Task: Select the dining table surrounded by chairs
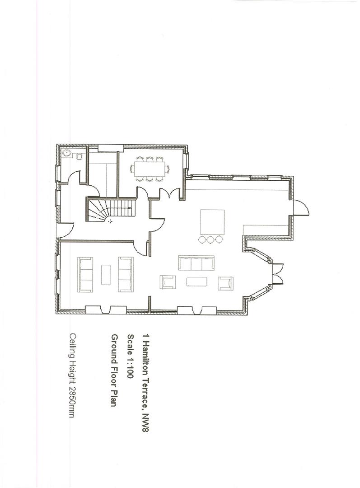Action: point(149,169)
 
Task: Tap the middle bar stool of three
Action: point(210,239)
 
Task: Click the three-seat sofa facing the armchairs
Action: point(196,263)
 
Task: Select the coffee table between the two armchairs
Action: point(196,282)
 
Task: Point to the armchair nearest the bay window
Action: point(226,283)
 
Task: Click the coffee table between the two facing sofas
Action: point(106,274)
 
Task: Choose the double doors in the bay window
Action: point(277,273)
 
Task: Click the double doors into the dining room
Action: point(169,193)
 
